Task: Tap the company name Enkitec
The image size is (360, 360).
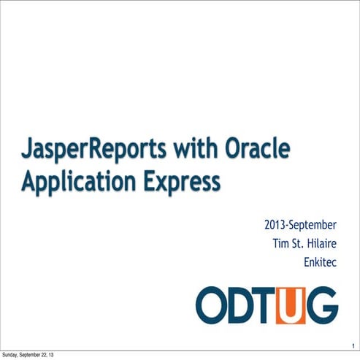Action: coord(320,260)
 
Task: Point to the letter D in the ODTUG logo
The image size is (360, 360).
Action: coord(241,305)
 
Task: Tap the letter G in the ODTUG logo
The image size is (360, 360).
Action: coord(321,305)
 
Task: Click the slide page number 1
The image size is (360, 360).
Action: coord(352,346)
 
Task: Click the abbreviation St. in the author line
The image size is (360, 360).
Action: coord(299,241)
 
